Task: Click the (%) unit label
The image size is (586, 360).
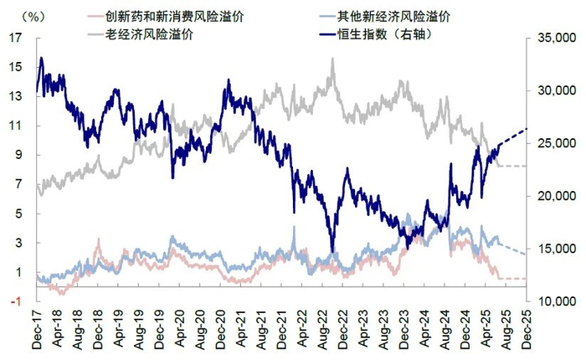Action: [x=33, y=16]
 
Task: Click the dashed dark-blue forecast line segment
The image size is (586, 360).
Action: [x=513, y=136]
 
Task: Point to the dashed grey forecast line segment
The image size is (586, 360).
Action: [x=512, y=166]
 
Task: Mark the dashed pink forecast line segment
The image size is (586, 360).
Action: [x=512, y=278]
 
